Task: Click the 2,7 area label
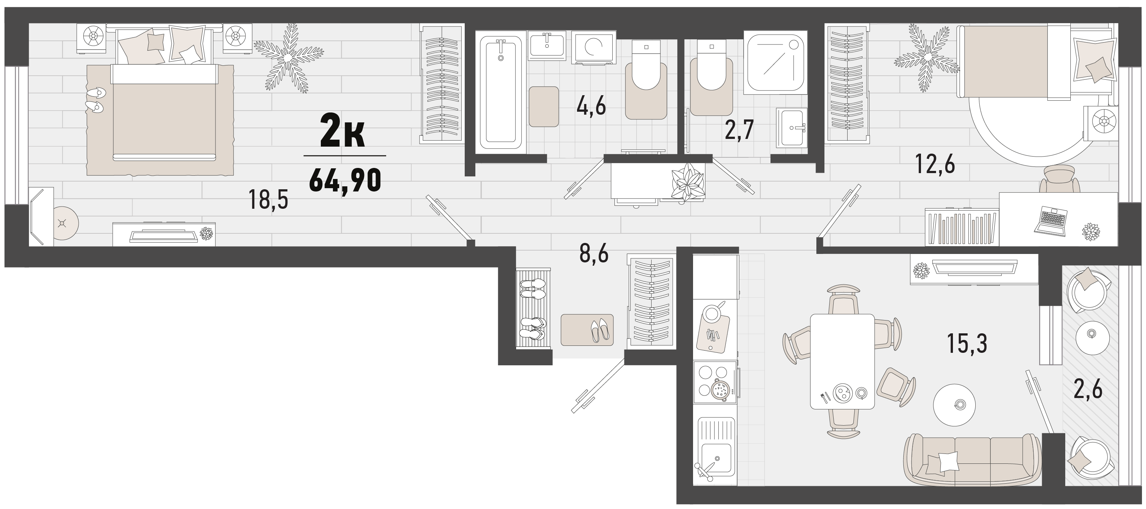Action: click(x=739, y=130)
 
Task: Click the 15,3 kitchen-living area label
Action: click(x=967, y=344)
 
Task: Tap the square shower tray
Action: click(x=777, y=62)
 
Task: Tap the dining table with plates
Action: click(x=842, y=361)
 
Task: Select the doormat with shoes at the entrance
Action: click(x=587, y=330)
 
